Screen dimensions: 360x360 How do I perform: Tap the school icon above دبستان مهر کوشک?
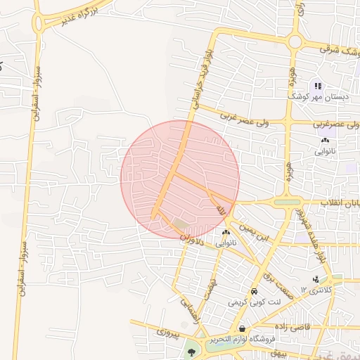coord(318,84)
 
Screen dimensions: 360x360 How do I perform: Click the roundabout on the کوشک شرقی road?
coord(293,42)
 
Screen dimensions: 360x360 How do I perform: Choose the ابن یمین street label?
coord(254,234)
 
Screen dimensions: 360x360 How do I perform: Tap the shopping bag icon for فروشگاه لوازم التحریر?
coord(243,328)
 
